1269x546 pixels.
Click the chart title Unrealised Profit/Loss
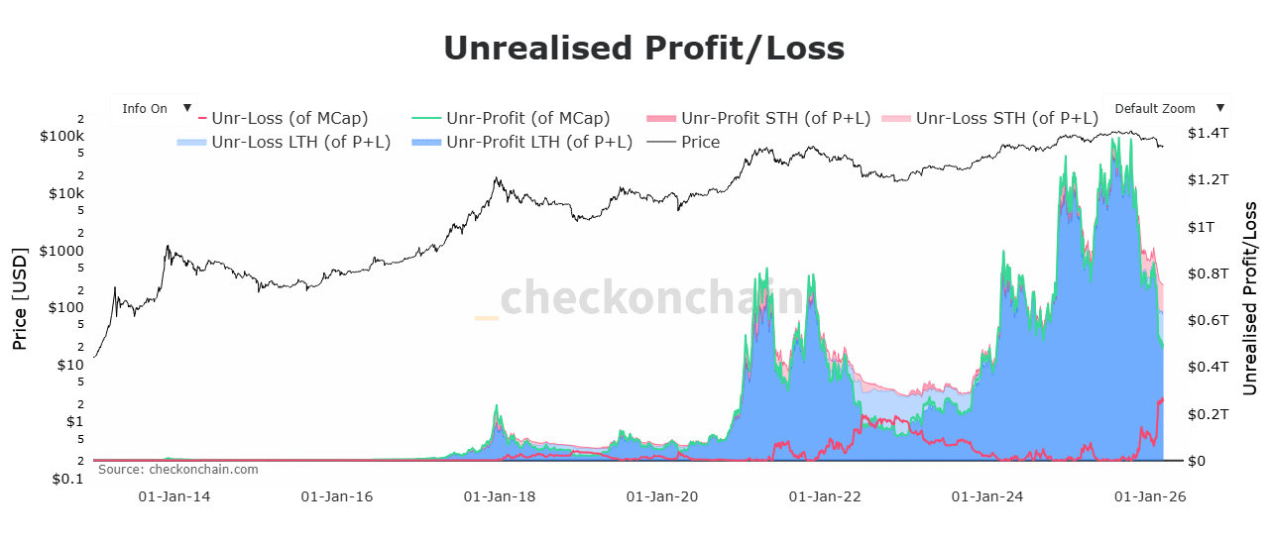click(643, 48)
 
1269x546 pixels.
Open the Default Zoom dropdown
click(1166, 108)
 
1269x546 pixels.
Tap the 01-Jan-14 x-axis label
click(173, 495)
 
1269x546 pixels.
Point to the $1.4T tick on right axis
click(1209, 133)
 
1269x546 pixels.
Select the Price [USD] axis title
click(19, 298)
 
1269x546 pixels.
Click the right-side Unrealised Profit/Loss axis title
click(1250, 298)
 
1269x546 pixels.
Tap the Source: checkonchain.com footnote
click(177, 470)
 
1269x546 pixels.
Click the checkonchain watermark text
click(649, 298)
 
